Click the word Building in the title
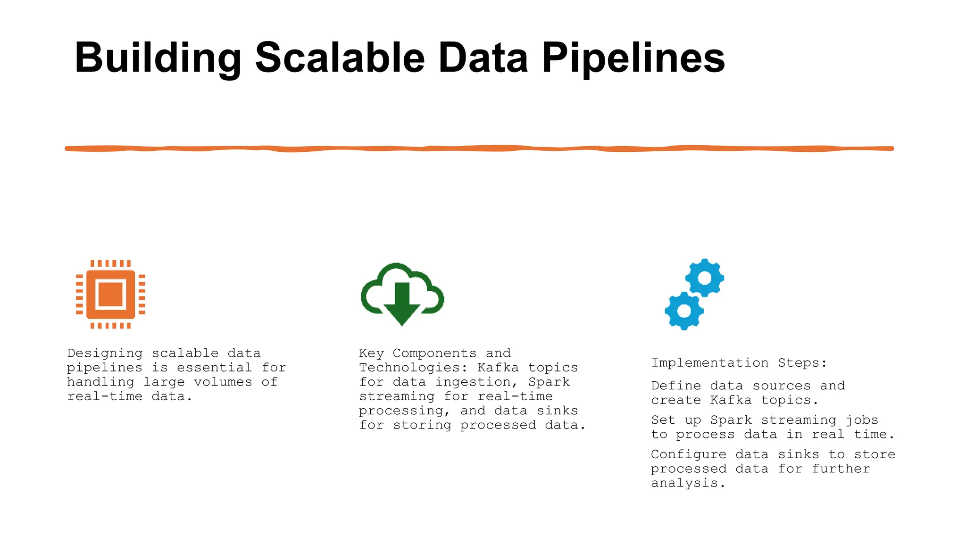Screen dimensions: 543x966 coord(158,58)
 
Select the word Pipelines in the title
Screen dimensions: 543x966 coord(633,58)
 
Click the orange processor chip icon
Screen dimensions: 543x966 coord(110,294)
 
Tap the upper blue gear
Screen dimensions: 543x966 coord(704,278)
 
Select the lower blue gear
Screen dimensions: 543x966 coord(684,311)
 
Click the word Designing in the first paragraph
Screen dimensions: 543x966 coord(105,354)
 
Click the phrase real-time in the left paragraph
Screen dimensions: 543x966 coord(105,396)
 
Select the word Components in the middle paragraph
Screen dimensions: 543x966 coord(434,354)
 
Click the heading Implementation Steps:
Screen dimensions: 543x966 coord(739,363)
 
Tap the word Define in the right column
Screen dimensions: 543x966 coord(676,386)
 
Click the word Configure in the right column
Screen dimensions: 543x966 coord(688,454)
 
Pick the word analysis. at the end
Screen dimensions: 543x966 coord(688,483)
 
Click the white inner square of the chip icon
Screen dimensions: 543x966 coord(110,294)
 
